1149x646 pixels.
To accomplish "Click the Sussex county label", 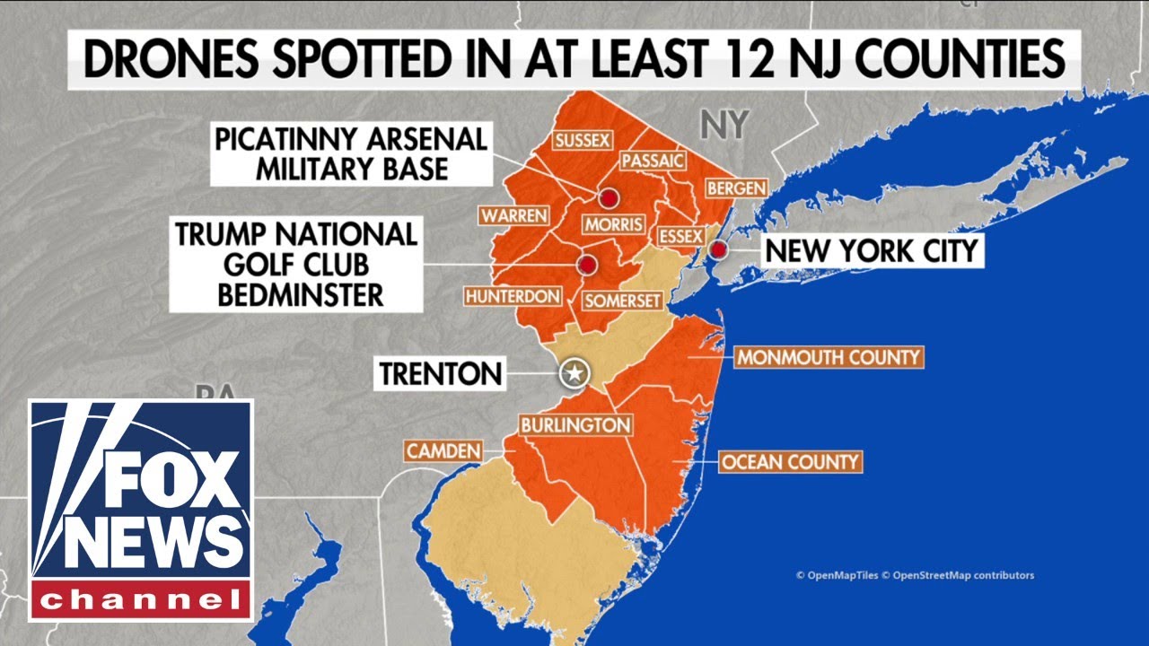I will tap(583, 141).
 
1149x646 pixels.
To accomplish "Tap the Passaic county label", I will tap(653, 161).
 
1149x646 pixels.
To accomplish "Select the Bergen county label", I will tap(736, 188).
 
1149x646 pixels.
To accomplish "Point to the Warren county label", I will tap(513, 216).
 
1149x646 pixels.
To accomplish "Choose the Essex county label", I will tap(680, 235).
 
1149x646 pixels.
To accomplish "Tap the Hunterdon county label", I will tap(513, 296).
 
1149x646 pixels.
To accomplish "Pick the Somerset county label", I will tap(621, 301).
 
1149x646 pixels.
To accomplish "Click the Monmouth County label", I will tap(829, 357).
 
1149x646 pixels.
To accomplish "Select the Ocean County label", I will tap(791, 462).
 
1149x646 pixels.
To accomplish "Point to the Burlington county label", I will tap(574, 424).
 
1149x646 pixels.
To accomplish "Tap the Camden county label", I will tap(443, 451).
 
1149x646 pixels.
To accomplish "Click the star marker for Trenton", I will tap(572, 372).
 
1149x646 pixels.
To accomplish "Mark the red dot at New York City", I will tap(718, 249).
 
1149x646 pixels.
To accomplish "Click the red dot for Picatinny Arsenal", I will tap(610, 197).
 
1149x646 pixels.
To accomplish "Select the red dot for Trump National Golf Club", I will tap(587, 265).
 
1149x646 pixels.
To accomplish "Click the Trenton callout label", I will tap(440, 373).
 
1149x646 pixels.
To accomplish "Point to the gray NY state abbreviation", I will tap(724, 125).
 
